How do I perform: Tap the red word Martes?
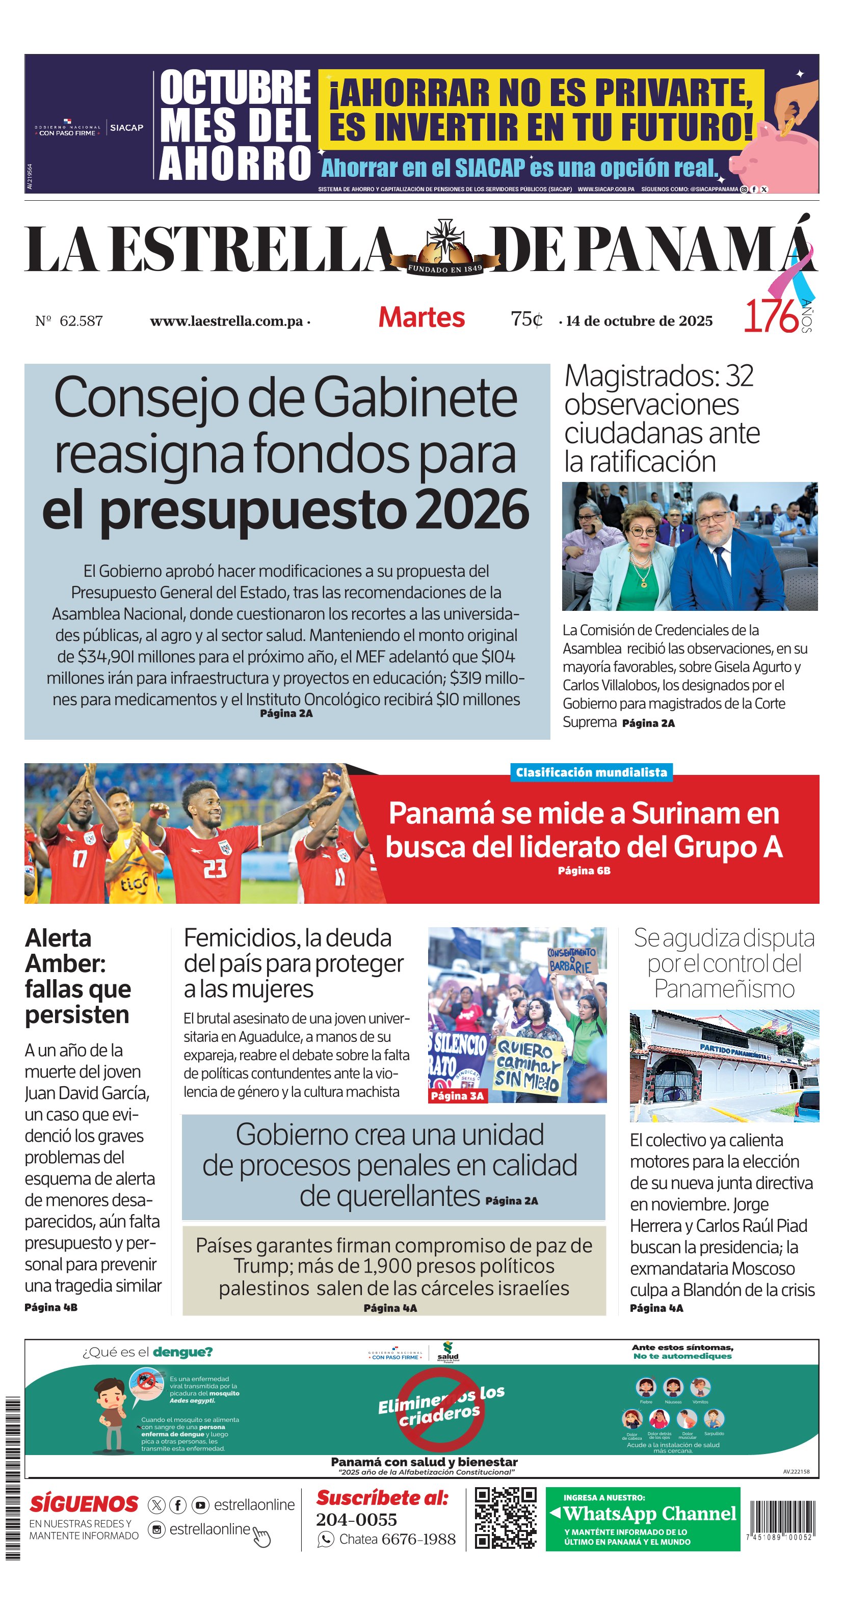click(421, 318)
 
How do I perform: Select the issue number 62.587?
click(81, 321)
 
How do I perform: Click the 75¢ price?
click(525, 319)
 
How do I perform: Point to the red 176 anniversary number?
click(771, 316)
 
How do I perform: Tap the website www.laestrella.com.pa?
click(226, 321)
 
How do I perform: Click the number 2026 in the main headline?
click(472, 510)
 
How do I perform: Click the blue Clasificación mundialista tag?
click(591, 772)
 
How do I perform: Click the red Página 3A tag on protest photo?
click(457, 1096)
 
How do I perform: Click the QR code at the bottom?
click(505, 1518)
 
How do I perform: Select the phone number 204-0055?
click(357, 1519)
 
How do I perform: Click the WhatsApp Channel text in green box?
click(650, 1513)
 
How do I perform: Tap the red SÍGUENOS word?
click(84, 1504)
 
